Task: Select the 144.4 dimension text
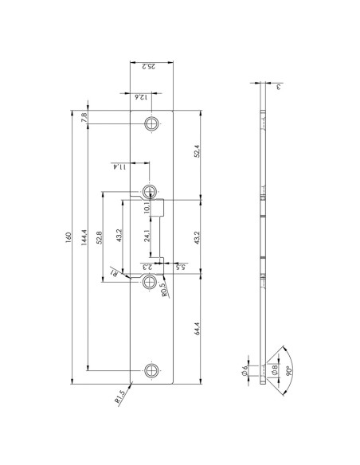coord(84,241)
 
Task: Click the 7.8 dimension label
coord(84,118)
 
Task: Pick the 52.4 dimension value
coord(196,151)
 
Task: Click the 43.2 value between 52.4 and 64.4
coord(196,236)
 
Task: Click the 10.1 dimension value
coord(147,208)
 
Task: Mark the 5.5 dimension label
coord(182,268)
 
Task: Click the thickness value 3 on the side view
coord(278,87)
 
